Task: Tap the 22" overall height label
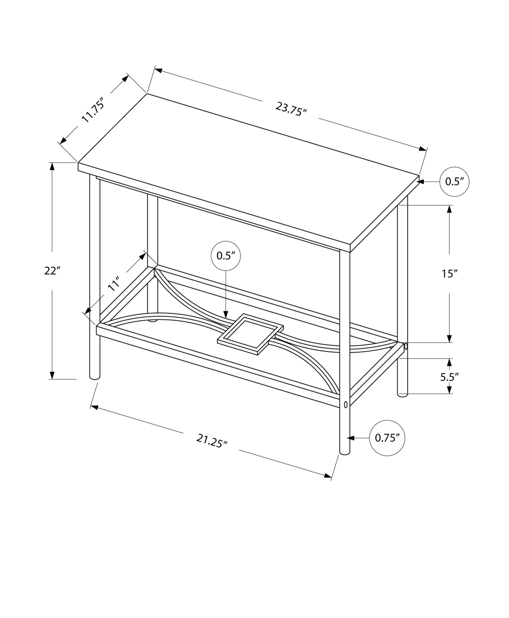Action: point(52,271)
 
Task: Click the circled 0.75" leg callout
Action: point(387,438)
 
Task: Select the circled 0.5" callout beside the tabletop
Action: point(455,182)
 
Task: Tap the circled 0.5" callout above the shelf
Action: point(226,256)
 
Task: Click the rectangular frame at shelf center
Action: point(250,334)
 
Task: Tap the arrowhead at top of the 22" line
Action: point(52,166)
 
